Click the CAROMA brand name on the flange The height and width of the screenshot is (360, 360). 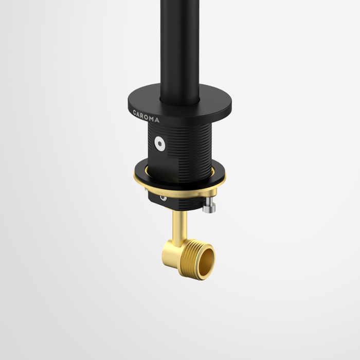146,116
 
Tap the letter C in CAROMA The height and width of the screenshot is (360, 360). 135,113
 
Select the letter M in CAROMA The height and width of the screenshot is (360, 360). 152,118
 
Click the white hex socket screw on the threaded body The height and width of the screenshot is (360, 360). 159,143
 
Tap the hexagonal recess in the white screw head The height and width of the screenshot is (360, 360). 159,143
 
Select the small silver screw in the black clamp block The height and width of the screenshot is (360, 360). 163,199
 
